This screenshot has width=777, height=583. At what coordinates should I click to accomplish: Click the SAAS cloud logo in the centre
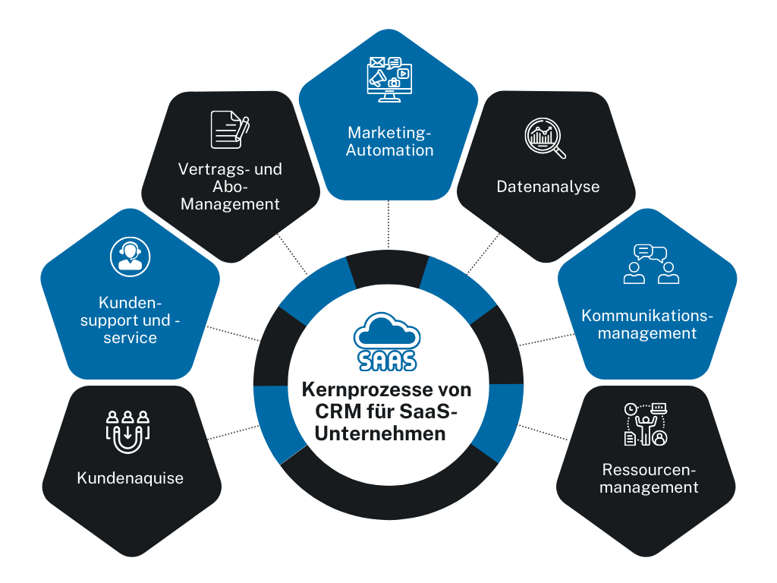click(x=386, y=342)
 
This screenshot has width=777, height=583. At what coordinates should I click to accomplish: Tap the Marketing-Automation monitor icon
click(x=388, y=79)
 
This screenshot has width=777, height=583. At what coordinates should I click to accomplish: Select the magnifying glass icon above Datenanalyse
click(x=546, y=138)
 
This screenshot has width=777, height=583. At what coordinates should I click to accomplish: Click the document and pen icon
click(x=230, y=130)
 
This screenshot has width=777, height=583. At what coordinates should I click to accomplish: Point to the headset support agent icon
click(x=129, y=256)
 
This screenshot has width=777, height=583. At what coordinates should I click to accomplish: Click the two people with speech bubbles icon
click(x=650, y=264)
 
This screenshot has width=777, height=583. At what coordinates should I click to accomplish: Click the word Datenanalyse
click(x=548, y=187)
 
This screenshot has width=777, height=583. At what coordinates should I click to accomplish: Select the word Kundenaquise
click(x=130, y=478)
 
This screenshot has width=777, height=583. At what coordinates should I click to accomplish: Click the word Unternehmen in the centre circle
click(x=386, y=434)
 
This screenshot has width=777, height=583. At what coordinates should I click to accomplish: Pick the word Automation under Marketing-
click(x=389, y=150)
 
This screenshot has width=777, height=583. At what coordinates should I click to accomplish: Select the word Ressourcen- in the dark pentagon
click(x=649, y=469)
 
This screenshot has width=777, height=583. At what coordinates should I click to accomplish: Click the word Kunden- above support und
click(x=131, y=302)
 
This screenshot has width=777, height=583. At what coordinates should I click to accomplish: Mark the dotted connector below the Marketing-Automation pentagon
click(x=388, y=224)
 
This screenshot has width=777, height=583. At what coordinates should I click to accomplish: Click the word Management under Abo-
click(x=230, y=204)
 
